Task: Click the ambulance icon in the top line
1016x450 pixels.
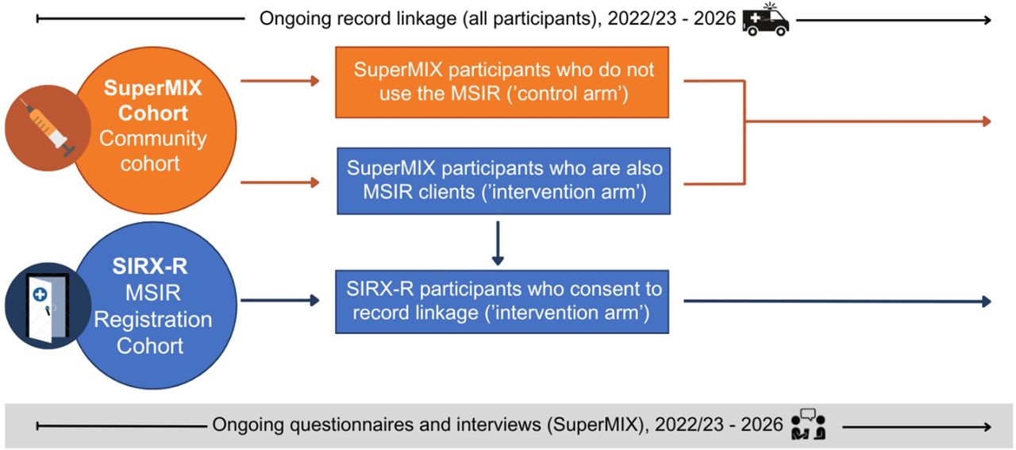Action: [766, 20]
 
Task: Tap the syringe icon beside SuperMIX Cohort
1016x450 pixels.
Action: [48, 128]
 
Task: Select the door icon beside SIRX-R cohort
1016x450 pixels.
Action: [48, 306]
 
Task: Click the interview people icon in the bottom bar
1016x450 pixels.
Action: [808, 424]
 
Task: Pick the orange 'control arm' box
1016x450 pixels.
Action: [502, 82]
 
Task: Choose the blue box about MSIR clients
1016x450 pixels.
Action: [503, 180]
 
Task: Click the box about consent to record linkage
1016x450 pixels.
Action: [502, 302]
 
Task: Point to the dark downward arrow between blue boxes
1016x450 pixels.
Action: [498, 243]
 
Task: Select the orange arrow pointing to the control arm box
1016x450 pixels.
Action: [280, 81]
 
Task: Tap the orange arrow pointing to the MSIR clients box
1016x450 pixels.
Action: [280, 183]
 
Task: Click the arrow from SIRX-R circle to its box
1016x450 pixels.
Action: [280, 300]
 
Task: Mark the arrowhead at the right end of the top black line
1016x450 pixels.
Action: [987, 20]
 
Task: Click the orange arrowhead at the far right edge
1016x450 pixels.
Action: [987, 121]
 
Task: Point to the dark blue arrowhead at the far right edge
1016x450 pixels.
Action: [987, 302]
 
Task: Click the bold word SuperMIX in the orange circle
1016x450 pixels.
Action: [153, 87]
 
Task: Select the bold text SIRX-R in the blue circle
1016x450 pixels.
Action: [150, 267]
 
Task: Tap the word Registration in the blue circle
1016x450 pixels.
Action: [153, 320]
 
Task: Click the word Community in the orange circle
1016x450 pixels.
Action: [153, 139]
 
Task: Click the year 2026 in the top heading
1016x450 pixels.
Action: [714, 18]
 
